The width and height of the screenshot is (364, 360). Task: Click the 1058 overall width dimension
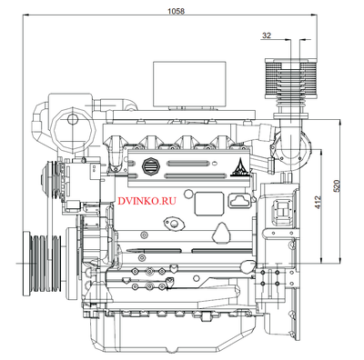[177, 11]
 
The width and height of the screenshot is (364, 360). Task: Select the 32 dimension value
[267, 35]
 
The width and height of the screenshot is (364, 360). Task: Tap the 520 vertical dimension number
[337, 186]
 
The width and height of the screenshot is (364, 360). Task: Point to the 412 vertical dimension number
[318, 202]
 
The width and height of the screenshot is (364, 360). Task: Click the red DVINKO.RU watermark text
[147, 201]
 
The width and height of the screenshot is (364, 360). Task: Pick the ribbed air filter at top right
[291, 78]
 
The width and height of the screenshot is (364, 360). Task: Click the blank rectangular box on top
[189, 84]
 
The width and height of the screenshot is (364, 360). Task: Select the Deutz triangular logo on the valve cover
[239, 167]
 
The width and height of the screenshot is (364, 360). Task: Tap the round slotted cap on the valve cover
[150, 166]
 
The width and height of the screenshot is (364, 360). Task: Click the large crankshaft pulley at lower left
[43, 263]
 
